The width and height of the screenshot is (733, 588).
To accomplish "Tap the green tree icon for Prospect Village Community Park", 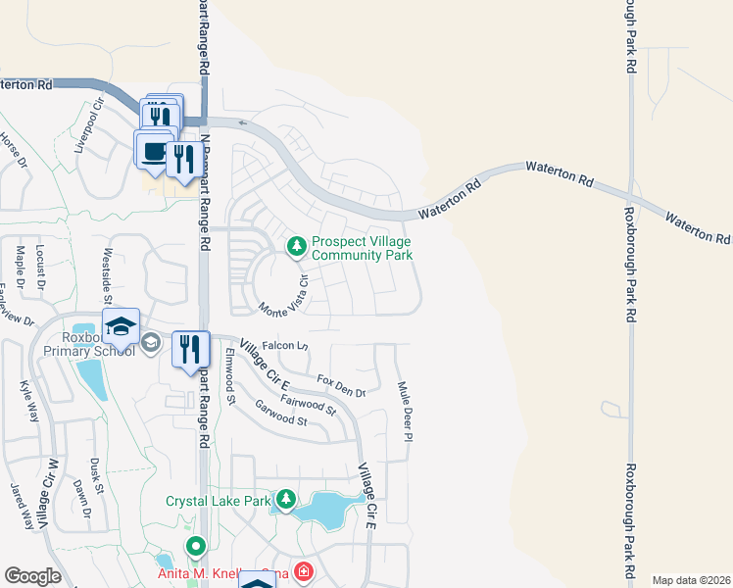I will pos(295,247).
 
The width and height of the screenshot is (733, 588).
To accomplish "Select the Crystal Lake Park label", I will pos(218,501).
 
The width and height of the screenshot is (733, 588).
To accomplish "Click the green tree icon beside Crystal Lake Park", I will pos(285,501).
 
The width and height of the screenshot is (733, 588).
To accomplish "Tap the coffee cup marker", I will pos(153,151).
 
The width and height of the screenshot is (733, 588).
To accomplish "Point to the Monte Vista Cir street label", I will pos(285,295).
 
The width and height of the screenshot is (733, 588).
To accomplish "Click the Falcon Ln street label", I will pos(285,346).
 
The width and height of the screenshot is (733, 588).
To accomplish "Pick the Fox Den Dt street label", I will pos(340,385).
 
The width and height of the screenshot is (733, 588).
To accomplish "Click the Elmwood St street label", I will pos(231,376).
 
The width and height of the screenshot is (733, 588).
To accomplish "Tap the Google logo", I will pos(33,576).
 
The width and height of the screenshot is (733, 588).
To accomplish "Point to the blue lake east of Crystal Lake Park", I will pos(324,509).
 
